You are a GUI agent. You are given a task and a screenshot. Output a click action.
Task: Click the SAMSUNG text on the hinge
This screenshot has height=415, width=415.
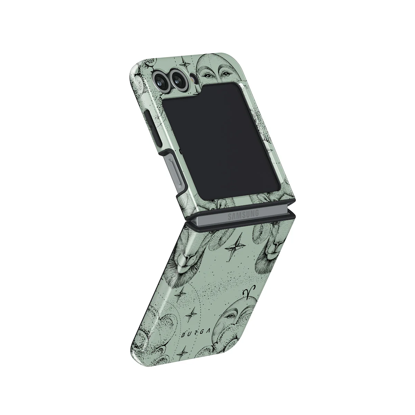click(x=243, y=215)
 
